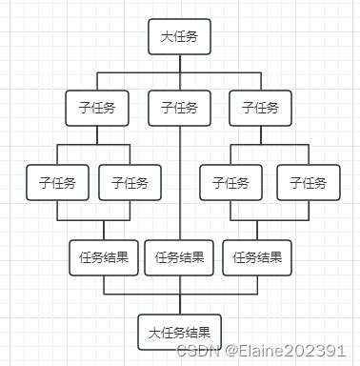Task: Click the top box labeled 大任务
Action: (179, 37)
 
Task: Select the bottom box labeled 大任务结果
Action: (179, 333)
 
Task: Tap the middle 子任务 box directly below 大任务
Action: (179, 108)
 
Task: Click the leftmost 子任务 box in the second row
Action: (96, 108)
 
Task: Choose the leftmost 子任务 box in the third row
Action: (58, 181)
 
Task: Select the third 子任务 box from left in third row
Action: (230, 181)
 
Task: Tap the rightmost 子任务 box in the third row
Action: (308, 181)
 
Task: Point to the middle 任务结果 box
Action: (179, 255)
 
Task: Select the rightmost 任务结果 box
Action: (257, 255)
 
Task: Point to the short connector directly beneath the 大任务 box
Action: (180, 63)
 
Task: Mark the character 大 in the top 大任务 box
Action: (166, 37)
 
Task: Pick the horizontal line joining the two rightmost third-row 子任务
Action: (269, 145)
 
